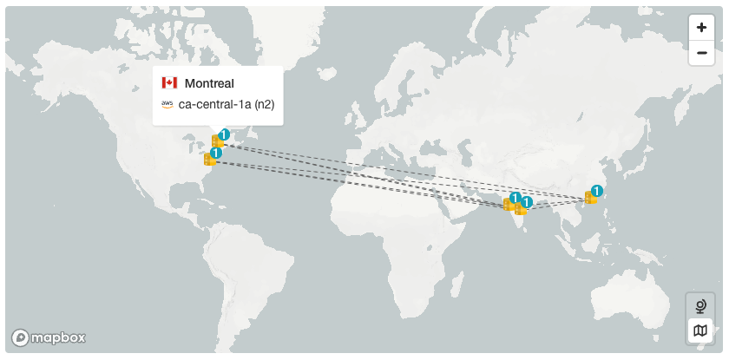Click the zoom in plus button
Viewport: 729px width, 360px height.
[x=701, y=28]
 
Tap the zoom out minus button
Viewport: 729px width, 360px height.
[x=701, y=53]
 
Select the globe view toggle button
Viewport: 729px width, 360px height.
[x=699, y=306]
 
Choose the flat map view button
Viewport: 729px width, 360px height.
[x=699, y=331]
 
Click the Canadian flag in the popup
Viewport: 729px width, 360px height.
[x=169, y=83]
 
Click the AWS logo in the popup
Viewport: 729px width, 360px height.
[x=167, y=105]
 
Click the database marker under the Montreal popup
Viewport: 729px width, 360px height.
[x=216, y=141]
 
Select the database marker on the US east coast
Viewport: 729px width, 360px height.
[x=208, y=160]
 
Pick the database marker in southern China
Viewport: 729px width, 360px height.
[x=589, y=198]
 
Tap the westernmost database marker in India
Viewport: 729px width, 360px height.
[x=509, y=205]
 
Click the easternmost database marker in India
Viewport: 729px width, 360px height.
[x=520, y=208]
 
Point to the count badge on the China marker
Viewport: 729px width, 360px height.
[x=597, y=191]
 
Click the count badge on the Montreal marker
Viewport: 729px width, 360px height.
[x=224, y=134]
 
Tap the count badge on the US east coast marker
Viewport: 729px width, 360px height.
[x=216, y=153]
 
